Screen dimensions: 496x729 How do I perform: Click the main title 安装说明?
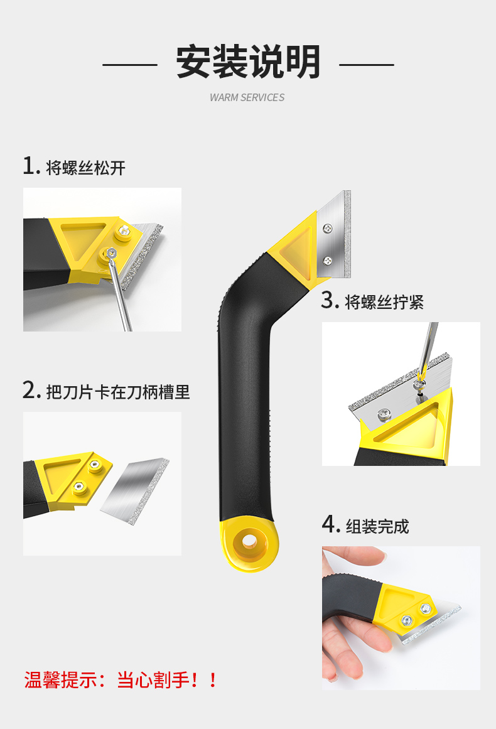pyautogui.click(x=248, y=62)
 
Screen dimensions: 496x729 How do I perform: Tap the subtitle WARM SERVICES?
pyautogui.click(x=247, y=97)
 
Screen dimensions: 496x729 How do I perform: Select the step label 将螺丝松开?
pyautogui.click(x=85, y=168)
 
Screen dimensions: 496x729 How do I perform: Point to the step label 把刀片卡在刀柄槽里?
pyautogui.click(x=118, y=392)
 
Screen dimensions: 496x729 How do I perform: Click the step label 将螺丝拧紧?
pyautogui.click(x=384, y=302)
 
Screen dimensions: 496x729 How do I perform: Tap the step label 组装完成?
pyautogui.click(x=377, y=526)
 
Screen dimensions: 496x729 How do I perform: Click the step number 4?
pyautogui.click(x=330, y=524)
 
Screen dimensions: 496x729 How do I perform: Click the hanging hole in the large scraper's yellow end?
pyautogui.click(x=250, y=541)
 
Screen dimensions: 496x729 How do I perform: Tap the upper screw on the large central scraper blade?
pyautogui.click(x=328, y=229)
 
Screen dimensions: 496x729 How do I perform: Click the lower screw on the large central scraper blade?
pyautogui.click(x=328, y=261)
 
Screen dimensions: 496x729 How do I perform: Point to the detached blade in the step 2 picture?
pyautogui.click(x=135, y=491)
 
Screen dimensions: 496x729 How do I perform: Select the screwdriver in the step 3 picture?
pyautogui.click(x=427, y=351)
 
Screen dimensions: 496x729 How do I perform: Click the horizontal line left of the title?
pyautogui.click(x=130, y=65)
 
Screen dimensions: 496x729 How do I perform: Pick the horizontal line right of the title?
pyautogui.click(x=366, y=65)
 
